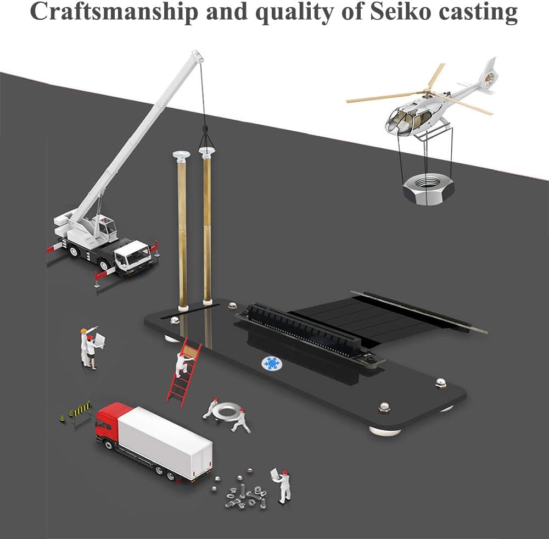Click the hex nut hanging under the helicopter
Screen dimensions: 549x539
pyautogui.click(x=428, y=190)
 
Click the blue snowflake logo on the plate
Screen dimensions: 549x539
pyautogui.click(x=272, y=364)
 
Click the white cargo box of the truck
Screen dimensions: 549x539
pyautogui.click(x=165, y=442)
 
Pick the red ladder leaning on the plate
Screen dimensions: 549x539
pyautogui.click(x=184, y=373)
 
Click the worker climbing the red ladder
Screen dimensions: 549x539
pyautogui.click(x=182, y=364)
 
